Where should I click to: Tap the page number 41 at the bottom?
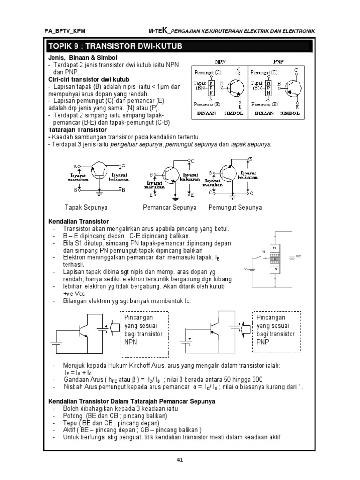click(x=179, y=459)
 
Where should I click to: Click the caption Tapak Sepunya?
click(x=86, y=207)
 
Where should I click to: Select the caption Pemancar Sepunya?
click(x=170, y=207)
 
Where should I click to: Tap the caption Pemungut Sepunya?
click(x=235, y=207)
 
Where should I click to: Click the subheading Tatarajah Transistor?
click(x=78, y=129)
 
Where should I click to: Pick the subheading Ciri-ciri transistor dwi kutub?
click(x=89, y=79)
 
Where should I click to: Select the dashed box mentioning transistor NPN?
click(x=143, y=333)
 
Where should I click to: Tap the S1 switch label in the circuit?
click(x=263, y=252)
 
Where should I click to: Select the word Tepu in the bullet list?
click(x=71, y=424)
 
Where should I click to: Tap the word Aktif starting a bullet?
click(x=71, y=430)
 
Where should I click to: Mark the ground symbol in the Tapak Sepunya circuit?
click(x=99, y=192)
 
